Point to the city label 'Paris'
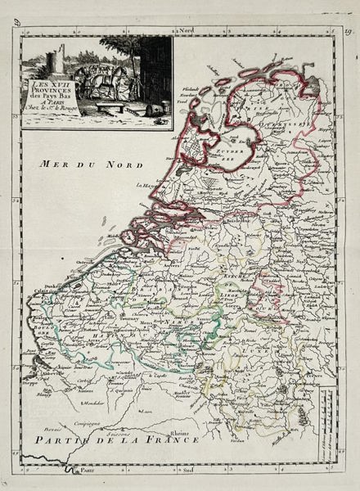pos(88,471)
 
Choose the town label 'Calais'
pos(41,290)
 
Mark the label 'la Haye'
pos(150,186)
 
